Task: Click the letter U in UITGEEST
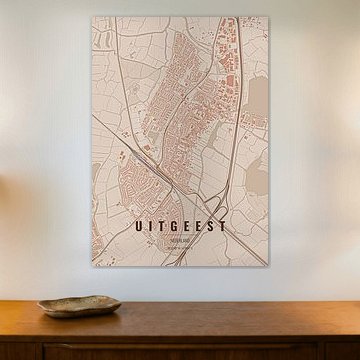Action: tap(139, 227)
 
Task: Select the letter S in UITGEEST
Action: tap(210, 227)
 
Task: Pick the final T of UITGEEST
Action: tap(222, 227)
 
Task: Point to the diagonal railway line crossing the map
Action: tap(140, 150)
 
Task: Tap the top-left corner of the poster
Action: tap(93, 17)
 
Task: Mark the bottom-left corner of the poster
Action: tap(93, 267)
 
